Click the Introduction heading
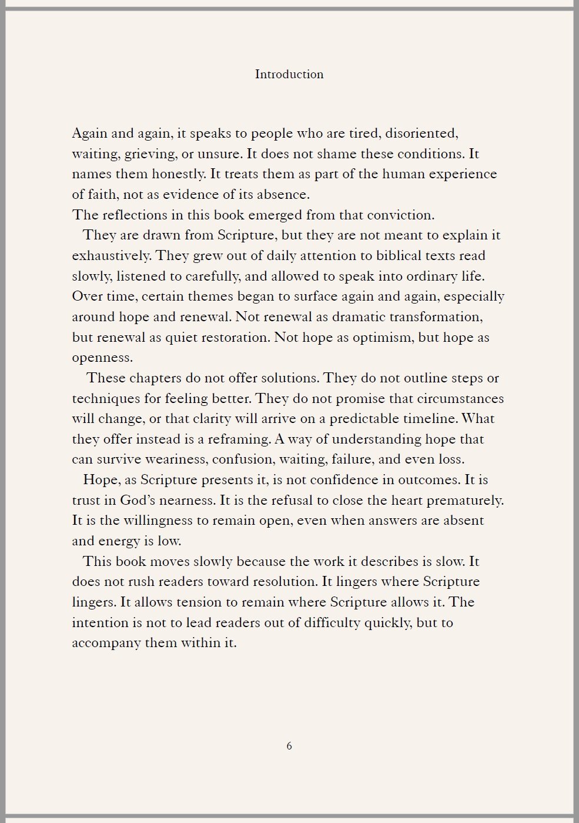pos(289,74)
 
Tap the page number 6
pos(289,746)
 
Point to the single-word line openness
pos(102,358)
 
